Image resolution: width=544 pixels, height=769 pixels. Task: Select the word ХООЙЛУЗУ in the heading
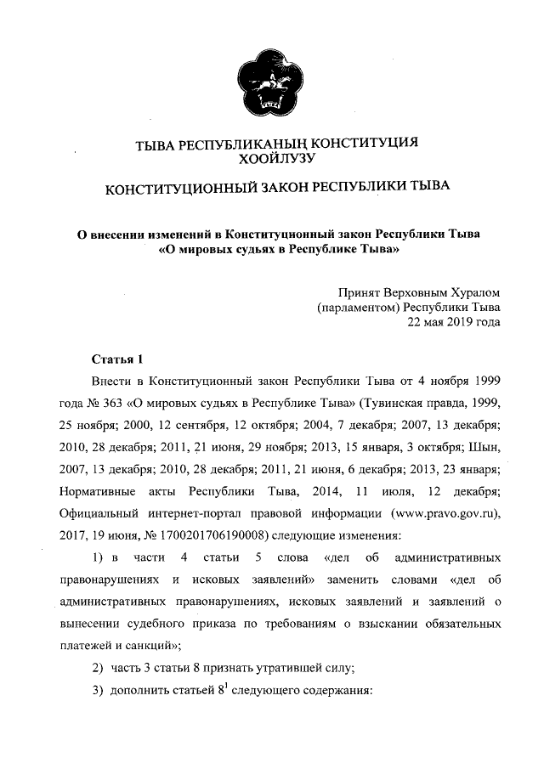point(277,157)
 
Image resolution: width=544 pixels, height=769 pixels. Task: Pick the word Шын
point(484,446)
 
